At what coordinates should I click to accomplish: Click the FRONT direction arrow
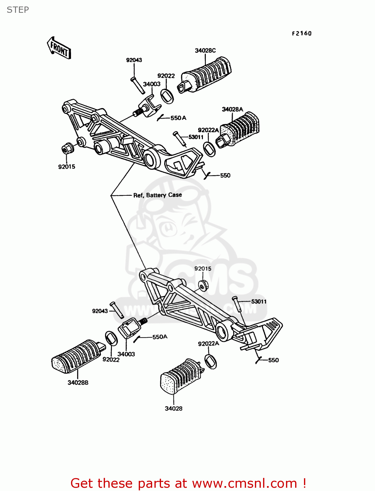(x=59, y=48)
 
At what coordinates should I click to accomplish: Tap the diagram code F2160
(x=302, y=33)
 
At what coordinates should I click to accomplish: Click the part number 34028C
(x=205, y=50)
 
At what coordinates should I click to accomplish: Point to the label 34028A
(x=232, y=109)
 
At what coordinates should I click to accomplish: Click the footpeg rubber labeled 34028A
(x=239, y=130)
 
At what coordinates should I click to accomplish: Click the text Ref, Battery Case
(x=157, y=195)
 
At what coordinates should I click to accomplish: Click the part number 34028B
(x=78, y=383)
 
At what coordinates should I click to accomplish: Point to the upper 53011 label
(x=196, y=137)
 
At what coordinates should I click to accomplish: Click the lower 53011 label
(x=259, y=301)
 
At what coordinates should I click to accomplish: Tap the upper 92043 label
(x=134, y=60)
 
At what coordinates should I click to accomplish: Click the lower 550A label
(x=160, y=337)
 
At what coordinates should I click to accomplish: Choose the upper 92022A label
(x=208, y=130)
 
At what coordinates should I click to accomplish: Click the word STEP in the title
(x=18, y=10)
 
